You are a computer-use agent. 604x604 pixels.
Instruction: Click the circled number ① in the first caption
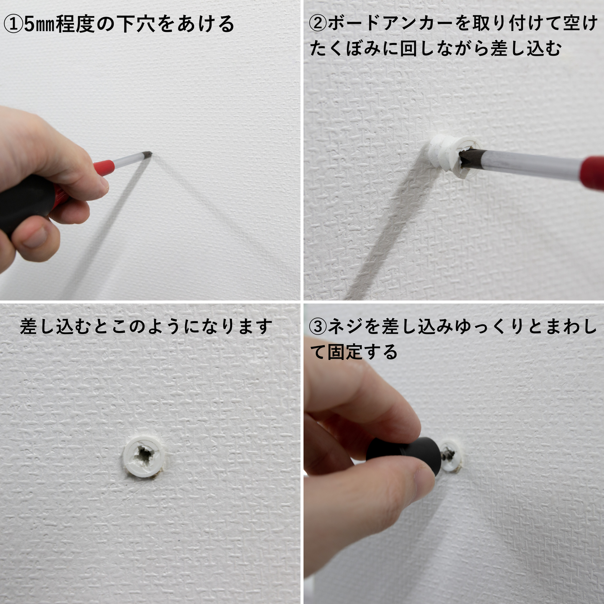[13, 25]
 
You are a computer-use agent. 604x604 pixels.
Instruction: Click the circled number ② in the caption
[319, 23]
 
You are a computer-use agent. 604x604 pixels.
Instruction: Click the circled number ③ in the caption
[319, 326]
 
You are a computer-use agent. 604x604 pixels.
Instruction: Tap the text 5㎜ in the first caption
[40, 25]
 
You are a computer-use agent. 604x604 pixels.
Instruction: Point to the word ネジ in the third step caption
[346, 326]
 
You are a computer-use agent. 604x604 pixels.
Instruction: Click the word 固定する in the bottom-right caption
[362, 352]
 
